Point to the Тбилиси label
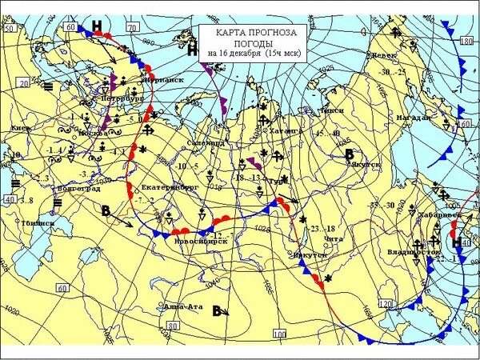(38, 222)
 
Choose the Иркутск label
(311, 254)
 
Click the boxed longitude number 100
(278, 333)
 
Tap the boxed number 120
(385, 304)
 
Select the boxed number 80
(172, 326)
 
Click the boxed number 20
(23, 82)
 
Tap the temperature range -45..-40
(326, 134)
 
